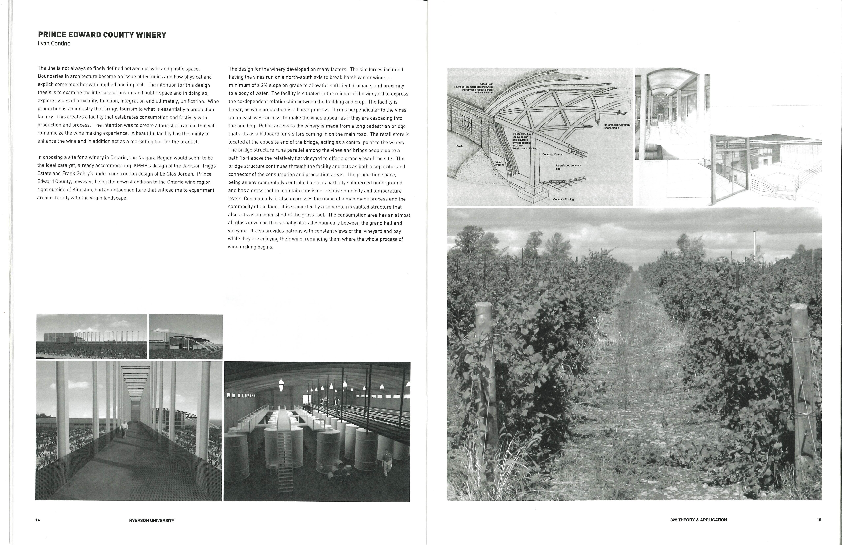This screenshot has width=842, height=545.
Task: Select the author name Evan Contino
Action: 54,44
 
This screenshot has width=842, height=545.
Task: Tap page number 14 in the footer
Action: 38,520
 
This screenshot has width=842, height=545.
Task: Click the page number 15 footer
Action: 819,520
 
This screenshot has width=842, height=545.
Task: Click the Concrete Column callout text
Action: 553,154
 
